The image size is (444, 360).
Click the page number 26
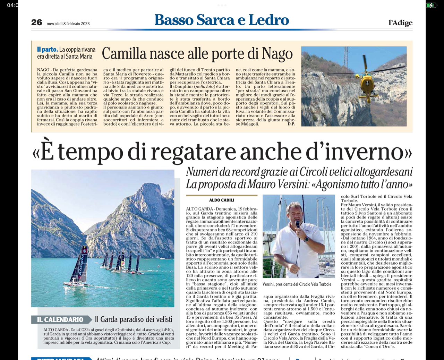[x=36, y=23]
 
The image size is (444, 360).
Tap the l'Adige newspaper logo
[x=400, y=23]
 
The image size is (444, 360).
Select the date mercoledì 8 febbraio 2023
[x=68, y=24]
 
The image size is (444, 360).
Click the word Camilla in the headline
[x=124, y=54]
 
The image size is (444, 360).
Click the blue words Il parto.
[x=47, y=50]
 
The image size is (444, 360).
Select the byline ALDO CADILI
[x=222, y=200]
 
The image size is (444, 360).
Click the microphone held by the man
[x=297, y=224]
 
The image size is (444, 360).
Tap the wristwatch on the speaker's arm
[x=306, y=239]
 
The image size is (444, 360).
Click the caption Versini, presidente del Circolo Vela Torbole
[x=297, y=284]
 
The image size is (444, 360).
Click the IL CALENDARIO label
[x=60, y=319]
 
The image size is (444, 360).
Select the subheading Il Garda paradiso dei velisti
[x=134, y=319]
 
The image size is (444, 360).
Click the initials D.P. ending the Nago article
[x=291, y=124]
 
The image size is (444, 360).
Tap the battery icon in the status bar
[x=431, y=5]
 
